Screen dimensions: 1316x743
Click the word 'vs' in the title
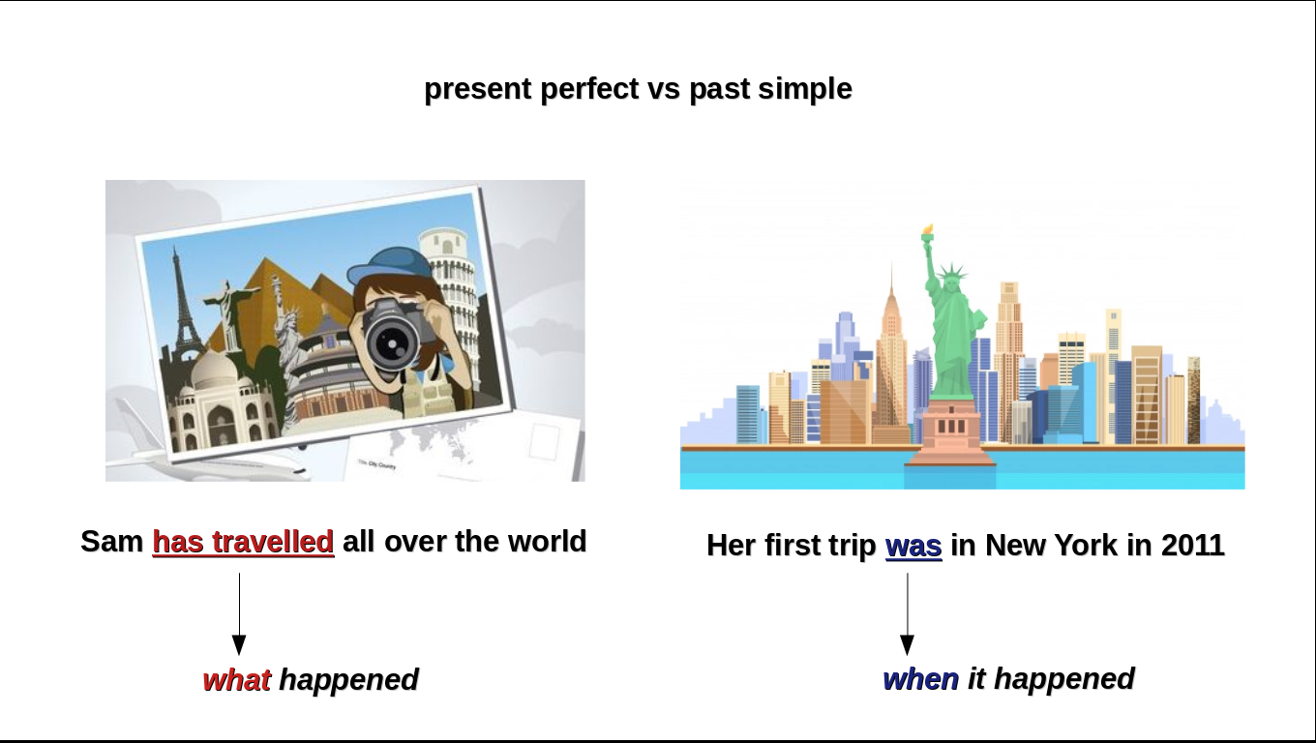[664, 89]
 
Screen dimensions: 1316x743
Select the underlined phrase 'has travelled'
[243, 542]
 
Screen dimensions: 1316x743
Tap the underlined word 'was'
[913, 546]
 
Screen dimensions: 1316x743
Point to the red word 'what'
[236, 679]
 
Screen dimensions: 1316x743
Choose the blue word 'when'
[920, 679]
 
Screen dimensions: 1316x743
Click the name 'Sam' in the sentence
[112, 542]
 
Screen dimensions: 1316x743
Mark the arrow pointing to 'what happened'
[239, 613]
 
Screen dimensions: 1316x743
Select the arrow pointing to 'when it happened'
[907, 613]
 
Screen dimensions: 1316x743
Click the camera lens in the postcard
[391, 342]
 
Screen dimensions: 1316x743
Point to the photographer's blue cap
[389, 265]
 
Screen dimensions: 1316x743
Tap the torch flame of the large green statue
[928, 229]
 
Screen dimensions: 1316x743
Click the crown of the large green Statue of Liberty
[951, 273]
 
